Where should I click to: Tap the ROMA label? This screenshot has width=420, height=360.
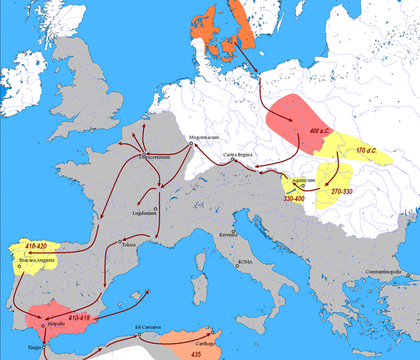click(244, 262)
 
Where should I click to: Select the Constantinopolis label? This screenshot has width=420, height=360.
click(387, 272)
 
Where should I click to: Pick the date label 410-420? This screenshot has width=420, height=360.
click(39, 246)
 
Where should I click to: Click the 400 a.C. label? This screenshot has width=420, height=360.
click(322, 132)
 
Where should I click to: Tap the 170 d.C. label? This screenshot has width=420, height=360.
click(371, 151)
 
